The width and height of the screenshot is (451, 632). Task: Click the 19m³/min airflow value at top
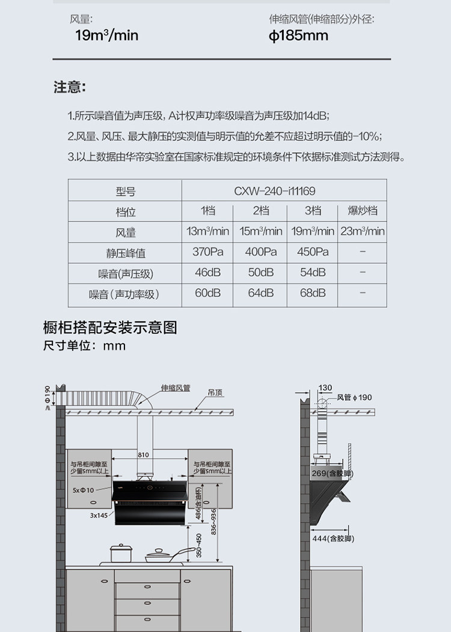click(x=106, y=36)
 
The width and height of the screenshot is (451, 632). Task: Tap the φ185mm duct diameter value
click(x=298, y=36)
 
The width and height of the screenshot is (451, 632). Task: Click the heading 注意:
click(x=70, y=87)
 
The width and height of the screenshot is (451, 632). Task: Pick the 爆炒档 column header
click(x=363, y=211)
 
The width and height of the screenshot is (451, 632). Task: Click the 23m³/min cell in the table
click(x=363, y=231)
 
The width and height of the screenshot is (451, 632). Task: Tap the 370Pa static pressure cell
click(x=208, y=252)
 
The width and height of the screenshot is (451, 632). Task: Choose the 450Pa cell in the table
click(x=313, y=252)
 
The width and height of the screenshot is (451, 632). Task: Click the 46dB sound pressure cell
click(x=208, y=273)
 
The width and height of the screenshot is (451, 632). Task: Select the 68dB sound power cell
click(x=313, y=293)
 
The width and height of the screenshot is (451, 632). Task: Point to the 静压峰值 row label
click(x=126, y=253)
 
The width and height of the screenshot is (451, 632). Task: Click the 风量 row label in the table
click(x=126, y=232)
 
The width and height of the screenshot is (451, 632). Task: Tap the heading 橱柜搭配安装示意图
click(x=110, y=328)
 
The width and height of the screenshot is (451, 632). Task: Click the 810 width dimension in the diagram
click(x=143, y=455)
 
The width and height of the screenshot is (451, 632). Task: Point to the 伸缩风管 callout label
click(x=176, y=388)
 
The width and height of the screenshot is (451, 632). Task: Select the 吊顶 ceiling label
click(x=215, y=392)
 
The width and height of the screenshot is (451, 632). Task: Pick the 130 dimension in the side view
click(x=325, y=388)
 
